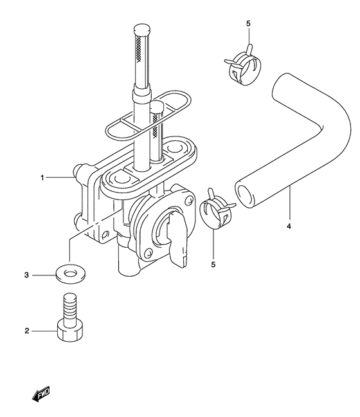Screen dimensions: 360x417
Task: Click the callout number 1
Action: tap(42, 178)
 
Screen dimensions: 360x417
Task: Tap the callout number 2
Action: tap(26, 331)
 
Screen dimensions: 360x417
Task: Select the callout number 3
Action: tap(26, 275)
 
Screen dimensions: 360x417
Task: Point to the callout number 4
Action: tap(289, 227)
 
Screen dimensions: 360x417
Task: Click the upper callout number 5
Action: tap(248, 23)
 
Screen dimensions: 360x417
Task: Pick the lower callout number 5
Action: tap(213, 264)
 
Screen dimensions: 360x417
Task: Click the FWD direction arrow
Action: tap(40, 393)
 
